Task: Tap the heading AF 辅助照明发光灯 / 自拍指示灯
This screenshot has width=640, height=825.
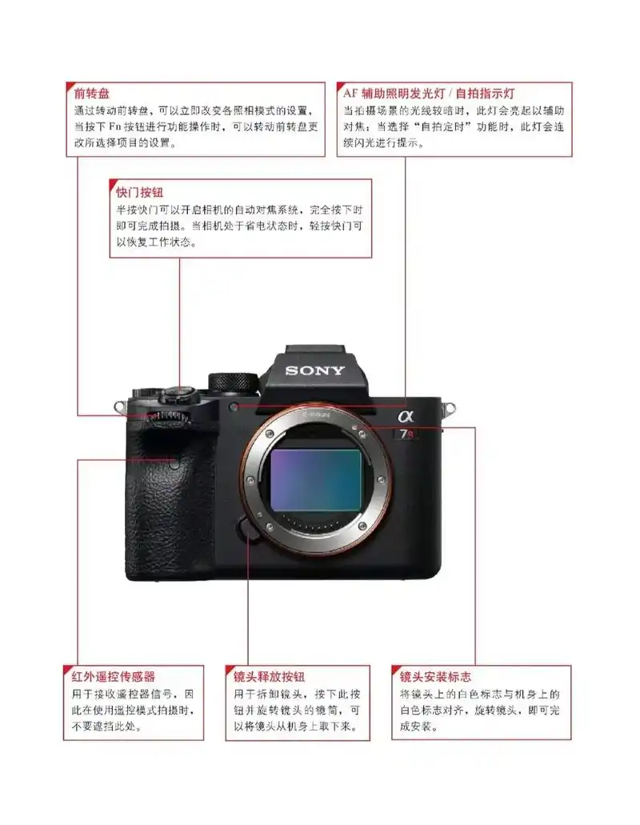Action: [431, 92]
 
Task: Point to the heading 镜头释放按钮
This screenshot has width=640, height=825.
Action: [269, 677]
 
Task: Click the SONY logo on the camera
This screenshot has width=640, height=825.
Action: [314, 370]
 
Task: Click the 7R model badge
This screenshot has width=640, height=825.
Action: [408, 435]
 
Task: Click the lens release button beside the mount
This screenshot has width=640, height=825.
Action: [248, 529]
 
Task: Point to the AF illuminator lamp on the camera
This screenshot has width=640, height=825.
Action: [233, 407]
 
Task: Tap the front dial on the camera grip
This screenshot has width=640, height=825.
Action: [169, 419]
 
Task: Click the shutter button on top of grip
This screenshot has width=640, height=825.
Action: [181, 392]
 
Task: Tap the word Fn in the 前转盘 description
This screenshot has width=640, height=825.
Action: [113, 126]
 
